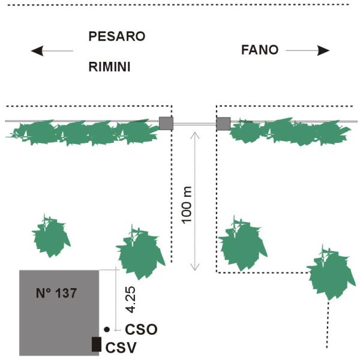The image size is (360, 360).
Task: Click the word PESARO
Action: (117, 36)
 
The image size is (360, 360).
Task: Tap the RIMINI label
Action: (110, 67)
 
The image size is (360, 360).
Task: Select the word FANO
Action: (260, 50)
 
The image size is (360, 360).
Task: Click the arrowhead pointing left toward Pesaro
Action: (37, 51)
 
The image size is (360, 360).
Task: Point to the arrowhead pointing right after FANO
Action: (323, 50)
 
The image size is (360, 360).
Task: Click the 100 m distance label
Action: (187, 205)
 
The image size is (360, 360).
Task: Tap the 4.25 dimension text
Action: (131, 299)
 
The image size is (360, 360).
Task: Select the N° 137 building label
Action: (56, 293)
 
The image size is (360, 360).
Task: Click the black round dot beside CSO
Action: (107, 329)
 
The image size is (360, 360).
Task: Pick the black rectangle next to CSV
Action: (97, 344)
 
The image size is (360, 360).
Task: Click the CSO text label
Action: (141, 329)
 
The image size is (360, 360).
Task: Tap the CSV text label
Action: (121, 347)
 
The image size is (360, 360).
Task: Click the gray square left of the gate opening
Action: (166, 124)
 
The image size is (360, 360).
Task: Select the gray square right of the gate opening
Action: (223, 124)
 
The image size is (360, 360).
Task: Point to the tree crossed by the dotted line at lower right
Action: (330, 273)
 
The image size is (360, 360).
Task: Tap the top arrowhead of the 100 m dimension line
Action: (194, 135)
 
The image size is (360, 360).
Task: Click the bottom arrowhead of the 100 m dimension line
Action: (194, 267)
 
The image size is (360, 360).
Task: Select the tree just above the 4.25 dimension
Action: (140, 253)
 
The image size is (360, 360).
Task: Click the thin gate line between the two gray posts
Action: (194, 124)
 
